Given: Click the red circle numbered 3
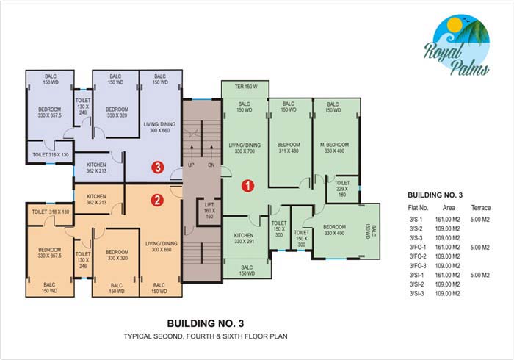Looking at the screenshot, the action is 158,168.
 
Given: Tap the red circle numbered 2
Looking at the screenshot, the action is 157,200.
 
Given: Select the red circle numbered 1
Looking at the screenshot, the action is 248,186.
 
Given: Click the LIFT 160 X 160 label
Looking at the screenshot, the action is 209,211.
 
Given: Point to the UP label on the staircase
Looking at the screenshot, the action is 191,165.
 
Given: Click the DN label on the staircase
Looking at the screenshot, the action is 211,165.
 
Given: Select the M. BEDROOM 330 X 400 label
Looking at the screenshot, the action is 334,148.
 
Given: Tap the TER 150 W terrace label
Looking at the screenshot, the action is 246,87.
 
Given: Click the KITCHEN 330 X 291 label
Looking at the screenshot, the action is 244,238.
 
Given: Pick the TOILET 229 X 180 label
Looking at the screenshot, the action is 342,189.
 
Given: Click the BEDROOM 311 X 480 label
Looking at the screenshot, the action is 289,148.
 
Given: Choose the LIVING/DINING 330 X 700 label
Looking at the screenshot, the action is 245,148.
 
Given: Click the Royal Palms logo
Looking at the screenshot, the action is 457,45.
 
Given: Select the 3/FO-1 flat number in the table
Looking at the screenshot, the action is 418,247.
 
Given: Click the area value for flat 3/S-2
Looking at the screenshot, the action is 447,228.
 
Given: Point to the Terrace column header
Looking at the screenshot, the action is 481,207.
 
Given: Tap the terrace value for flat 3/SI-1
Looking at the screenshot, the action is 480,275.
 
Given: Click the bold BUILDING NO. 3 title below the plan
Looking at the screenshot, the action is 206,323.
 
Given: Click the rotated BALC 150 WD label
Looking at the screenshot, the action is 371,231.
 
